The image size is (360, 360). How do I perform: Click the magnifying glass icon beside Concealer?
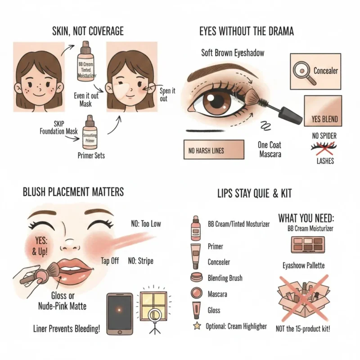pyautogui.click(x=301, y=71)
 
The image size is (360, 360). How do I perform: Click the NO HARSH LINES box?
pyautogui.click(x=213, y=150)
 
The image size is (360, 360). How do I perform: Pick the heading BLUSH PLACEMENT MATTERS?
pyautogui.click(x=73, y=192)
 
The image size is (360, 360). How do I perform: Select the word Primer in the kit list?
pyautogui.click(x=215, y=247)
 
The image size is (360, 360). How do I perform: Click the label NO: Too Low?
pyautogui.click(x=144, y=224)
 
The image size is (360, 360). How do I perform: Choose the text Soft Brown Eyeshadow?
pyautogui.click(x=233, y=53)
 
